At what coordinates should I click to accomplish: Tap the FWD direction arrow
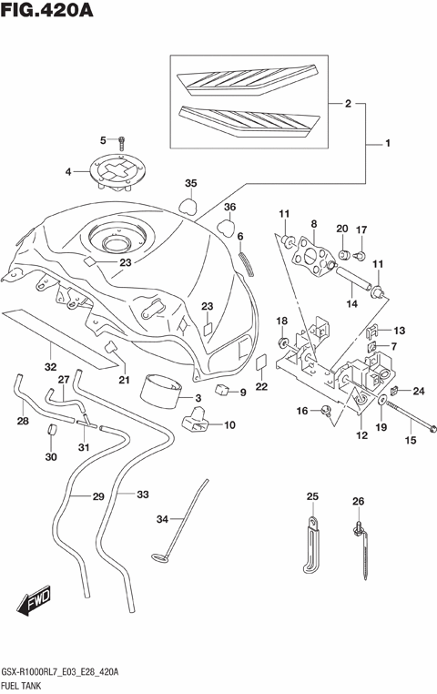pyautogui.click(x=34, y=602)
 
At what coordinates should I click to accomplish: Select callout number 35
pyautogui.click(x=191, y=183)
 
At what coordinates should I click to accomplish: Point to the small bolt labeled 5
pyautogui.click(x=123, y=140)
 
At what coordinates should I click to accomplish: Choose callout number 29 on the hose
pyautogui.click(x=98, y=496)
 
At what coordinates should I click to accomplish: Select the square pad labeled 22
pyautogui.click(x=261, y=362)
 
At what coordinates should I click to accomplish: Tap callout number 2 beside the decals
pyautogui.click(x=347, y=105)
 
